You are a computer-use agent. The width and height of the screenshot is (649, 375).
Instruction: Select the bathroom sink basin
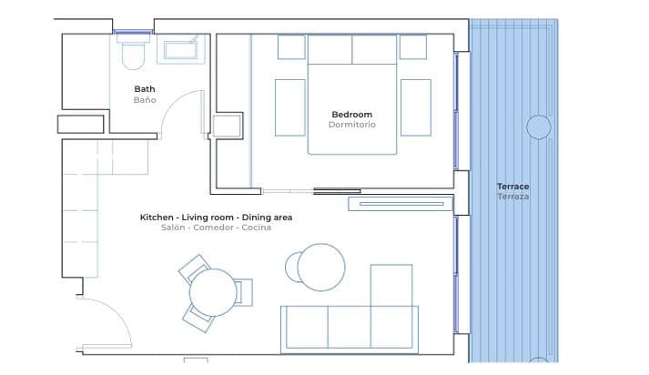[x=181, y=49]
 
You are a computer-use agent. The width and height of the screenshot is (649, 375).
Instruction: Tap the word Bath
[x=145, y=89]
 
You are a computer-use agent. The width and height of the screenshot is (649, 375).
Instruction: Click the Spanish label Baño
[x=145, y=99]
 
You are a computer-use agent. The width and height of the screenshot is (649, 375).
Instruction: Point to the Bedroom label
[x=351, y=115]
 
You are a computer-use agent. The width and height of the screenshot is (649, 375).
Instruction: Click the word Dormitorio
[x=351, y=125]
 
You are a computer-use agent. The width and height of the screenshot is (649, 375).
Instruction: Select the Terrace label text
[x=513, y=186]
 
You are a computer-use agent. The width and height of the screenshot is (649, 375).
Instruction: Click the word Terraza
[x=513, y=196]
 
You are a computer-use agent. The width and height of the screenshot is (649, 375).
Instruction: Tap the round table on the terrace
[x=539, y=127]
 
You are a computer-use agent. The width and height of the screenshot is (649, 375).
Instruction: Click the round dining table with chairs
[x=213, y=292]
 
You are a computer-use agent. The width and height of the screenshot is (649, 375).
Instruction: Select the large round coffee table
[x=321, y=267]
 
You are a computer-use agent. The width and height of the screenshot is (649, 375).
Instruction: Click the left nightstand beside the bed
[x=291, y=47]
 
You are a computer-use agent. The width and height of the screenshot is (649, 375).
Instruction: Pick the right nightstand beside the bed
[x=413, y=47]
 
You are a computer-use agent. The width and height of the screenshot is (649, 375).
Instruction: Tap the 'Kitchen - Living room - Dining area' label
[x=216, y=218]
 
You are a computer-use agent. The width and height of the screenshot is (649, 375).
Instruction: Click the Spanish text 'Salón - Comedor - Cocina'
[x=216, y=228]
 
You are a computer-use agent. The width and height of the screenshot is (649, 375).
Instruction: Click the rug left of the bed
[x=290, y=107]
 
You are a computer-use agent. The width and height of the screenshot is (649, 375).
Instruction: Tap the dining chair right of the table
[x=244, y=292]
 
